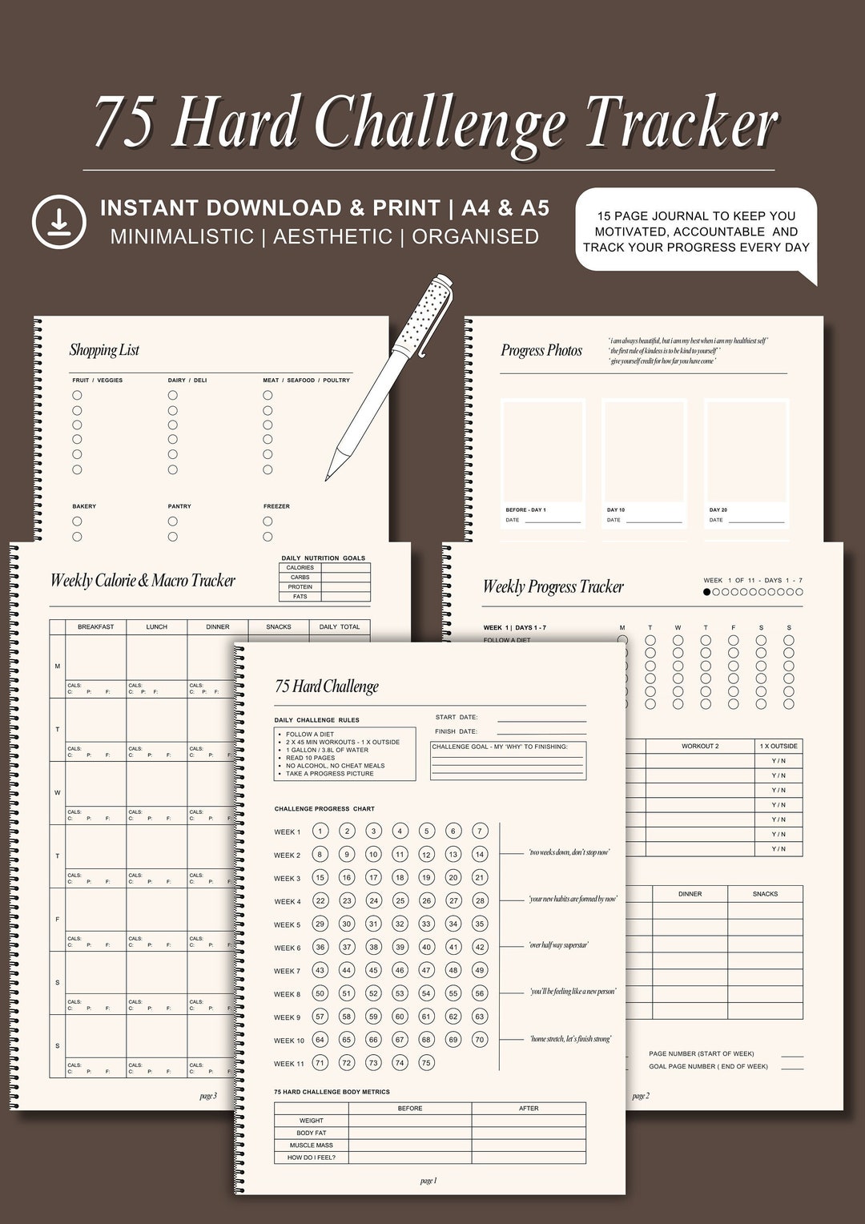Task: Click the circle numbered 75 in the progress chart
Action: pyautogui.click(x=426, y=1063)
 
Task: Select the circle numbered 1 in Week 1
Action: pyautogui.click(x=320, y=831)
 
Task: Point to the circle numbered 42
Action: pyautogui.click(x=480, y=947)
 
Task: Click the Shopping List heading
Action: pyautogui.click(x=104, y=350)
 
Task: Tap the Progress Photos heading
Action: pyautogui.click(x=541, y=350)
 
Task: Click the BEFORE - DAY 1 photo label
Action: pyautogui.click(x=525, y=510)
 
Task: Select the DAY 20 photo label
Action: pyautogui.click(x=718, y=510)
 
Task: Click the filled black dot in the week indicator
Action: pyautogui.click(x=706, y=593)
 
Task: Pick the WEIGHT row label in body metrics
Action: pyautogui.click(x=312, y=1121)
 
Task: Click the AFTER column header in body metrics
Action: pyautogui.click(x=529, y=1109)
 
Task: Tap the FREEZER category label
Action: pyautogui.click(x=276, y=506)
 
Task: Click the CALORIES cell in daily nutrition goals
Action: pyautogui.click(x=300, y=568)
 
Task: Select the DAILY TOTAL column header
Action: pyautogui.click(x=340, y=627)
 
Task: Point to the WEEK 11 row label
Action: pyautogui.click(x=289, y=1064)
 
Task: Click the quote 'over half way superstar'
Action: pyautogui.click(x=558, y=945)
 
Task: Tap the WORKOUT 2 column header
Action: pyautogui.click(x=700, y=747)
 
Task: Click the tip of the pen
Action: pyautogui.click(x=327, y=479)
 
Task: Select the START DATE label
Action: pyautogui.click(x=457, y=718)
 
